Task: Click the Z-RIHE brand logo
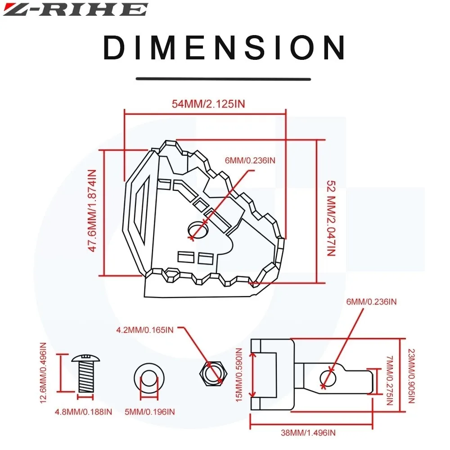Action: point(75,9)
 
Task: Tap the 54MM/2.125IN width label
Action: point(208,104)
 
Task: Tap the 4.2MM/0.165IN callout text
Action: point(145,330)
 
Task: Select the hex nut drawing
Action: point(211,373)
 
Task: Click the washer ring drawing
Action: point(148,377)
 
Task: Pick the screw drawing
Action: point(86,373)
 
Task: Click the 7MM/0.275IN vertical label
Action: point(390,380)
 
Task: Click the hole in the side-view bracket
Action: point(328,378)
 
